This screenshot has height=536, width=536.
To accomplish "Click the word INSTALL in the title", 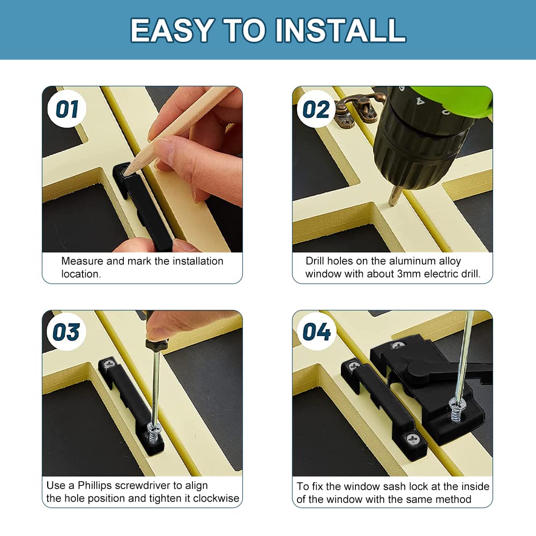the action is coord(340,30).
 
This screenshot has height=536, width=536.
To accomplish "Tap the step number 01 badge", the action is coord(68,109).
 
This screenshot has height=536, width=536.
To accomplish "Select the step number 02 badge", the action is coord(317,109).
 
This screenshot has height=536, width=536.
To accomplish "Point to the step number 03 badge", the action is coord(66,332).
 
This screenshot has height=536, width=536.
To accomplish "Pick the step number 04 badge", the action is coord(317,332).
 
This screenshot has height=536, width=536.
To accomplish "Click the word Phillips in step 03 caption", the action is coord(95,486).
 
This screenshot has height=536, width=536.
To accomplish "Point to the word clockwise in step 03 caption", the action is coord(216,498).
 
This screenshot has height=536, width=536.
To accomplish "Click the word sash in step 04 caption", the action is coord(394,486).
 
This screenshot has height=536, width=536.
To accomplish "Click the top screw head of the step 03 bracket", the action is coord(110,364).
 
